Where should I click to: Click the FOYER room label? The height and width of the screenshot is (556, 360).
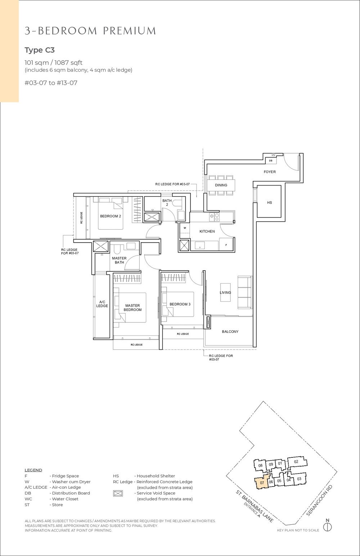(270, 172)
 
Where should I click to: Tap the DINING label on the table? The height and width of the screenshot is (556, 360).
(221, 185)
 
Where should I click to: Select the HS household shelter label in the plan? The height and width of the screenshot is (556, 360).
(269, 203)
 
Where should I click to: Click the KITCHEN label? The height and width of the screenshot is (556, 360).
(207, 231)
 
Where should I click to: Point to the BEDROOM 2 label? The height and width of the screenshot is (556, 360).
(110, 216)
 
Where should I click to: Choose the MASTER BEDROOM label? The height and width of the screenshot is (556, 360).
(132, 308)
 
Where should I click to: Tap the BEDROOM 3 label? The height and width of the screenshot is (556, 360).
(180, 304)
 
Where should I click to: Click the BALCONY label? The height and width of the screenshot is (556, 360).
(230, 332)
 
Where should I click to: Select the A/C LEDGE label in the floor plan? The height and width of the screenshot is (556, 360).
(102, 304)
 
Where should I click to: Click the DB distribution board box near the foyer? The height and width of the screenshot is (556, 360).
(271, 161)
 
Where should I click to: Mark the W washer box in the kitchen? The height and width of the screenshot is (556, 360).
(185, 228)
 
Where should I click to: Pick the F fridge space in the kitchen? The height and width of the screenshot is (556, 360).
(226, 245)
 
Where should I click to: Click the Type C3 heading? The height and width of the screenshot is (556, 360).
(40, 50)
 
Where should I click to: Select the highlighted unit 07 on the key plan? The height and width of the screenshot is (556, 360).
(262, 483)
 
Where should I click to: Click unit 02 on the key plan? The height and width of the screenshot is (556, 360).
(296, 462)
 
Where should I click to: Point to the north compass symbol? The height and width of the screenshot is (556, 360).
(327, 527)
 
